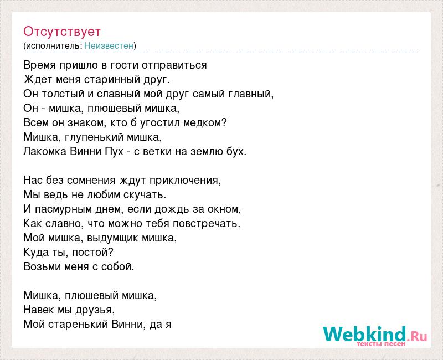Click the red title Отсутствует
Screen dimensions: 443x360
point(62,32)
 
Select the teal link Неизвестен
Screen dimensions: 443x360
point(109,45)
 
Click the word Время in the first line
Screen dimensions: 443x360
point(39,65)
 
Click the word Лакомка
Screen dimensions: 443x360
point(45,151)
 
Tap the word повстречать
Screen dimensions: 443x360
point(205,224)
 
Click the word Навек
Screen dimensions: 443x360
point(39,310)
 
